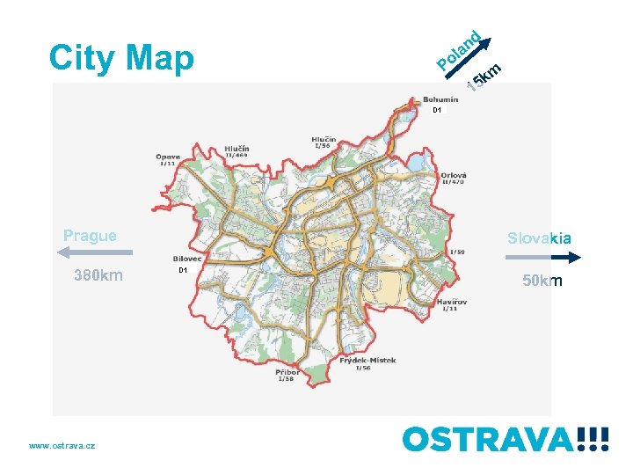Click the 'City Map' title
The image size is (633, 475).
121,58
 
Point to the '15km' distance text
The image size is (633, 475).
484,77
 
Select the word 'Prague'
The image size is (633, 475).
90,236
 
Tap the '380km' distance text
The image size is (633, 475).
98,276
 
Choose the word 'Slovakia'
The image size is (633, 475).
539,237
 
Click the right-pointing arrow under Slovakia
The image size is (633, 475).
543,258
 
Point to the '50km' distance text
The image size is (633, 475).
542,281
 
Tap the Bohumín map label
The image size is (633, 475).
440,99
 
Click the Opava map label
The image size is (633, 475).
169,157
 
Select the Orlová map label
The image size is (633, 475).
454,175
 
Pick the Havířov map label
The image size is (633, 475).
452,302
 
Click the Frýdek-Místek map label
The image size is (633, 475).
370,360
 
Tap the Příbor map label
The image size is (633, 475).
287,372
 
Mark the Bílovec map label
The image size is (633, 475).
187,259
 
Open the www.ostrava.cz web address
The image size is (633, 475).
62,446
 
